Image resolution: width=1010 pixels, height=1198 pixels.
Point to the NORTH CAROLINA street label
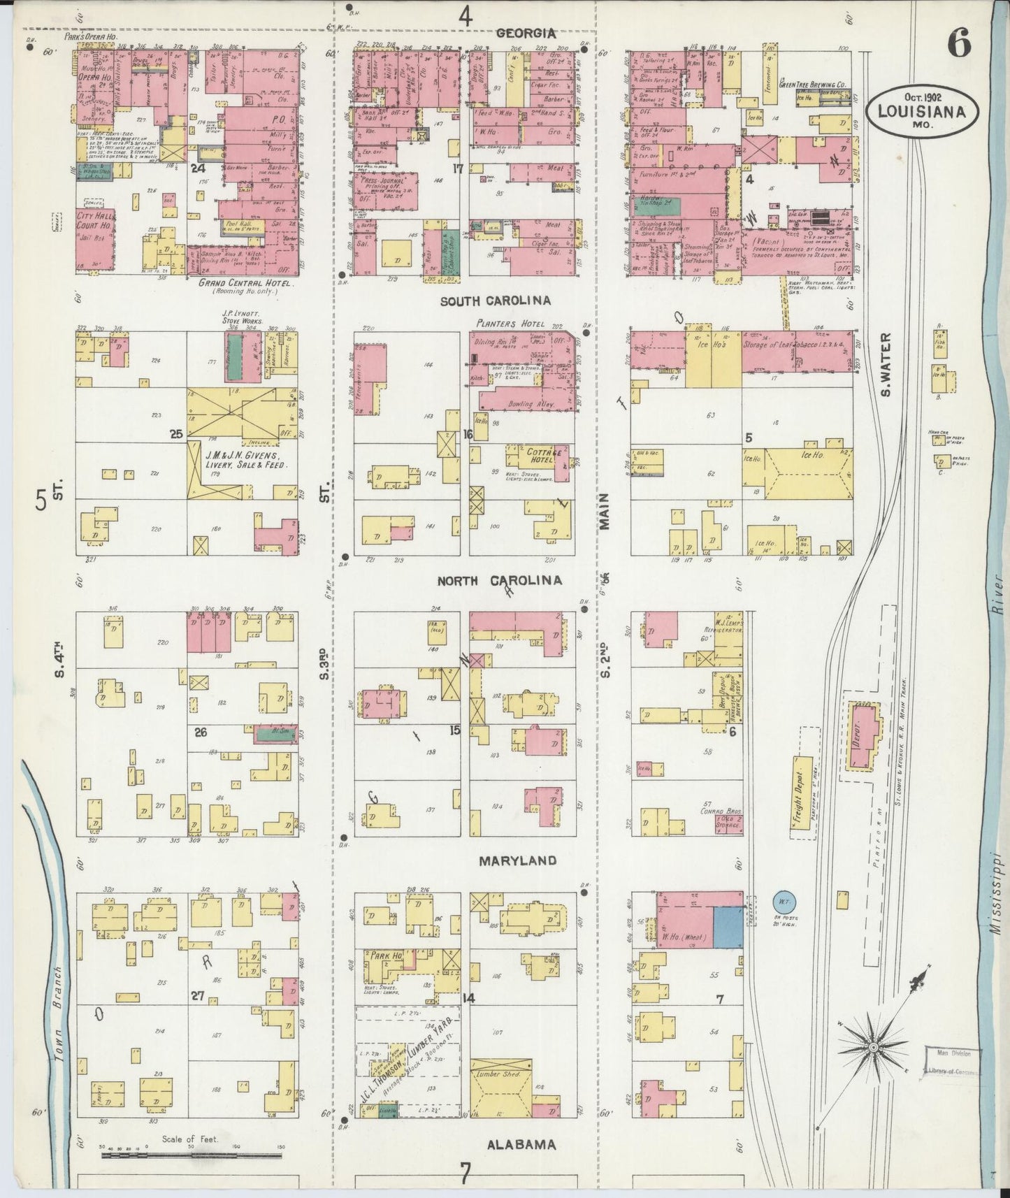tap(499, 581)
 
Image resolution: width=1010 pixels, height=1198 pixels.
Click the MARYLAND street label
tap(517, 861)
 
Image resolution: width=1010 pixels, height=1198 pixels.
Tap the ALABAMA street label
tap(521, 1145)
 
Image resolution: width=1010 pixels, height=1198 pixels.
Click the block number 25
tap(175, 433)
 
